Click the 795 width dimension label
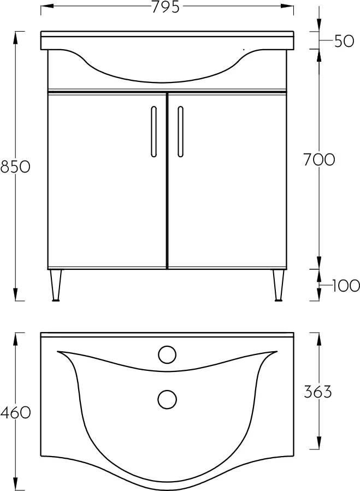[x=166, y=7]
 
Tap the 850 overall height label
[x=15, y=167]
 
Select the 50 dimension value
[x=344, y=41]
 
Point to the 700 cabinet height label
[x=319, y=159]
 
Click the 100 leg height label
[x=346, y=285]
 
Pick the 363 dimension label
[x=318, y=392]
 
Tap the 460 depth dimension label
[x=15, y=413]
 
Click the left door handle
[x=154, y=132]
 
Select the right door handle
[x=180, y=132]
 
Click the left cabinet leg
[x=56, y=285]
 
